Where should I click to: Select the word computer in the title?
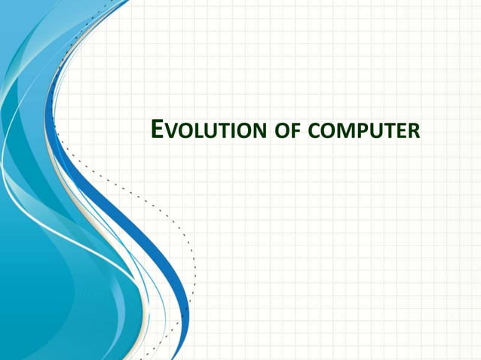360,133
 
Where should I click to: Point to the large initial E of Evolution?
157,130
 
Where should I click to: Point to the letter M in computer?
340,133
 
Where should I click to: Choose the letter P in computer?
356,133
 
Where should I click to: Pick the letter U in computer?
369,133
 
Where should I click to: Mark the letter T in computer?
384,133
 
